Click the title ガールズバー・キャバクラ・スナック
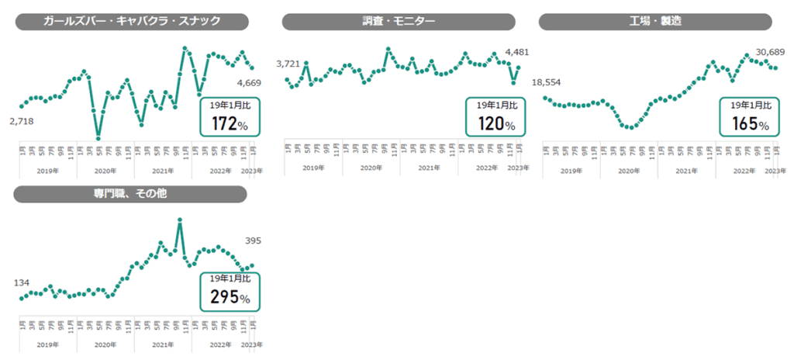[131, 22]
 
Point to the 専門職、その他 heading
[131, 194]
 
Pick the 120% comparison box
[495, 116]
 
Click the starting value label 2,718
[22, 121]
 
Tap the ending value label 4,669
[249, 82]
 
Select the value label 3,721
[288, 64]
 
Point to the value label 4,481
[516, 52]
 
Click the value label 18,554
[546, 82]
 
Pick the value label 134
[22, 282]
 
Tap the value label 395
[252, 241]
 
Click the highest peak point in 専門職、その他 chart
[180, 220]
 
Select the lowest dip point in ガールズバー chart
[98, 138]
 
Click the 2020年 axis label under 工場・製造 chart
[629, 170]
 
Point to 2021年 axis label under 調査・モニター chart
[429, 168]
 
